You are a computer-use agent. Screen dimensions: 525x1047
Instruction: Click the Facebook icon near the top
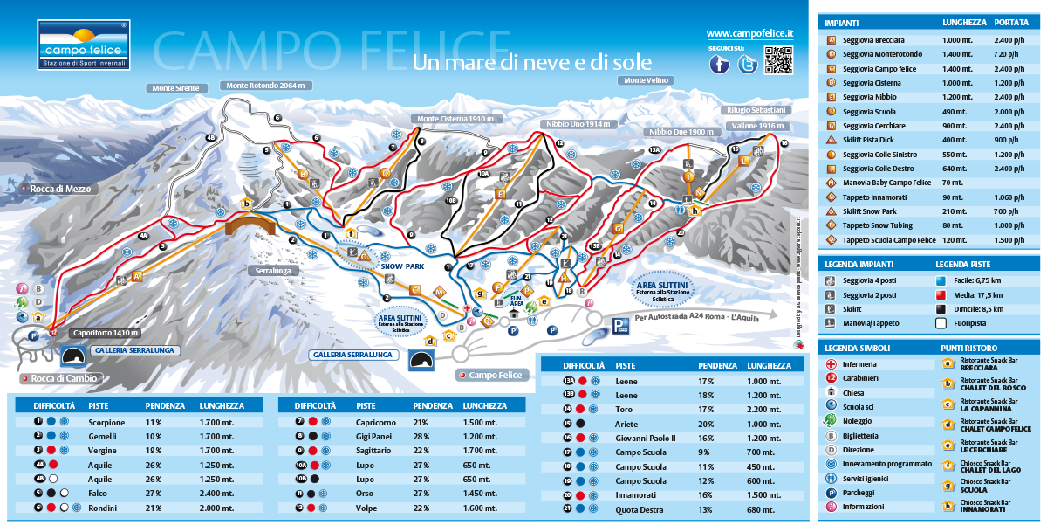click(719, 64)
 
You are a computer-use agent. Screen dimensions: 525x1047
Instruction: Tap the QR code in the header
click(778, 60)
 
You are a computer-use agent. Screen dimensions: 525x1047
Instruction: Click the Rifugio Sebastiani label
click(756, 110)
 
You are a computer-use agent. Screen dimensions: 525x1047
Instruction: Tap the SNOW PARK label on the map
click(401, 266)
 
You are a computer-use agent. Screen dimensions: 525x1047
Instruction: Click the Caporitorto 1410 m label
click(105, 333)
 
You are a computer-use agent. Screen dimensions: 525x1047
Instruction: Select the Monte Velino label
click(646, 80)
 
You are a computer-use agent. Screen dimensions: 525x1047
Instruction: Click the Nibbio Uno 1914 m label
click(578, 125)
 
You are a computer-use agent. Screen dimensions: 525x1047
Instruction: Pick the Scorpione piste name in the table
click(106, 422)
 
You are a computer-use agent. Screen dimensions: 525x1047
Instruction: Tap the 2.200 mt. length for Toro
click(764, 409)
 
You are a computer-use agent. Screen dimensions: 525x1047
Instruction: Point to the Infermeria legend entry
click(860, 364)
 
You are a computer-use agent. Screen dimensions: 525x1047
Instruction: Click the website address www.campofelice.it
click(749, 33)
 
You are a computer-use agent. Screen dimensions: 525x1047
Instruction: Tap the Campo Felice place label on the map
click(494, 375)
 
